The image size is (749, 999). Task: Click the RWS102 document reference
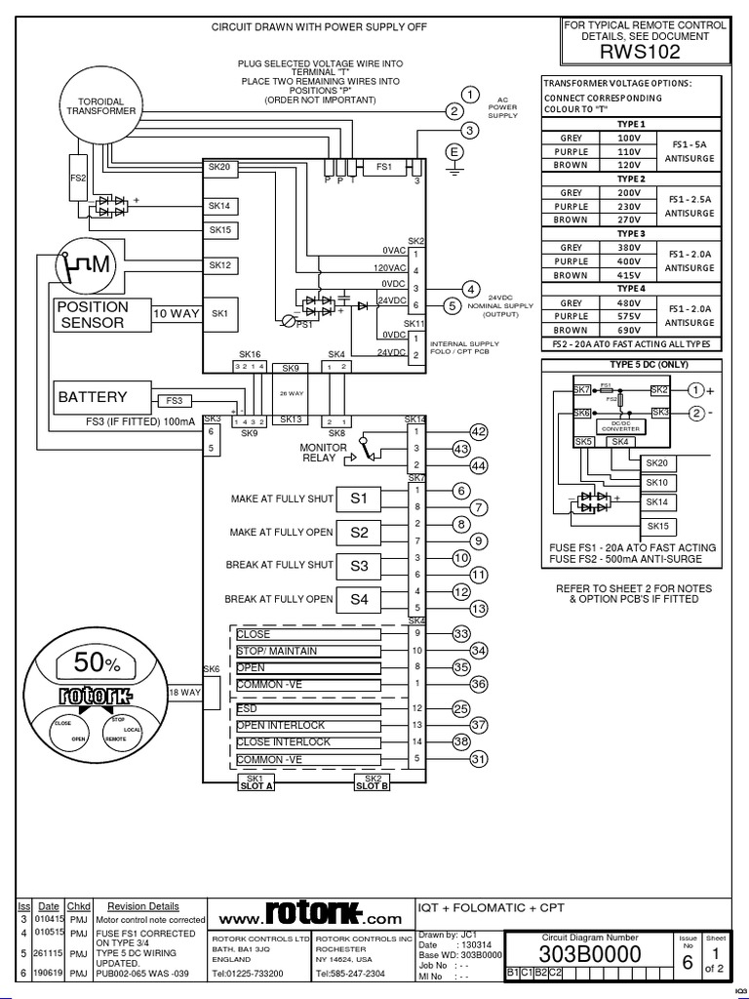(x=645, y=54)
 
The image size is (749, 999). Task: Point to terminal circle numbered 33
(x=461, y=634)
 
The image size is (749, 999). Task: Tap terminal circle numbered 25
(x=461, y=708)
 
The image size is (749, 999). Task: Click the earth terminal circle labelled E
(x=453, y=151)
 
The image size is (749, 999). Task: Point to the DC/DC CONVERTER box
(x=619, y=426)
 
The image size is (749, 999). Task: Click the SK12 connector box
(x=219, y=265)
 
